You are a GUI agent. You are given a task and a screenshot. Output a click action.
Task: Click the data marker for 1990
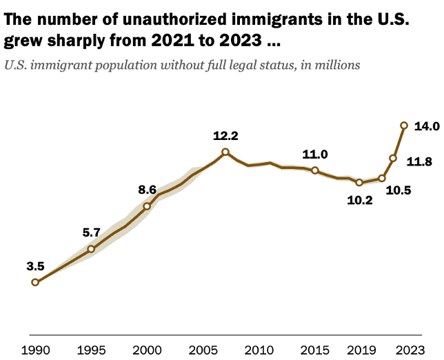[x=35, y=282]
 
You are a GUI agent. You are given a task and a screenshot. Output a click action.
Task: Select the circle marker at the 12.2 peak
[x=225, y=152]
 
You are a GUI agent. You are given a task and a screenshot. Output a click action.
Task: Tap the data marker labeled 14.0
[x=404, y=125]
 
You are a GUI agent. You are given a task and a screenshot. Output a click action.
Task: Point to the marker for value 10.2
[x=359, y=183]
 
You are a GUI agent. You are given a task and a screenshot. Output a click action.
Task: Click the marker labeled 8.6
[x=147, y=206]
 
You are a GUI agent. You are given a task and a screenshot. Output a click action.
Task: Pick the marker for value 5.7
[x=91, y=248]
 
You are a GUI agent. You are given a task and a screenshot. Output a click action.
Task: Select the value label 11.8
[x=419, y=162]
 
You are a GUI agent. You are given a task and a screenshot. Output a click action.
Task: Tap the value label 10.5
[x=398, y=190]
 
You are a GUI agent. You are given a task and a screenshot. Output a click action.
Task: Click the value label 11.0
[x=314, y=154]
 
